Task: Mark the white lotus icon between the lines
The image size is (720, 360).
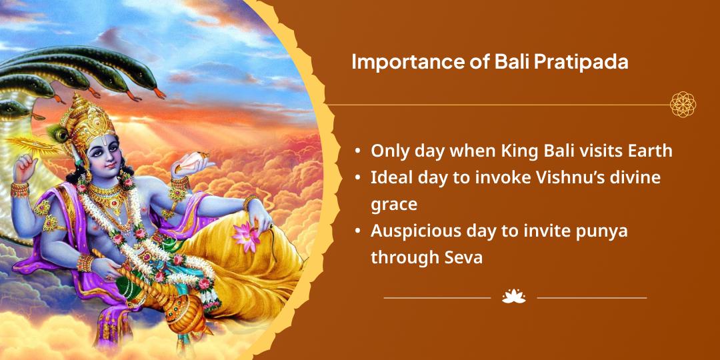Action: [x=514, y=297]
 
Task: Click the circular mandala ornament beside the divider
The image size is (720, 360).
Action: [x=683, y=104]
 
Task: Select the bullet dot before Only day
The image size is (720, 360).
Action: [x=357, y=151]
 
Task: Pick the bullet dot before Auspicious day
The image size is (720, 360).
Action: [x=357, y=231]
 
